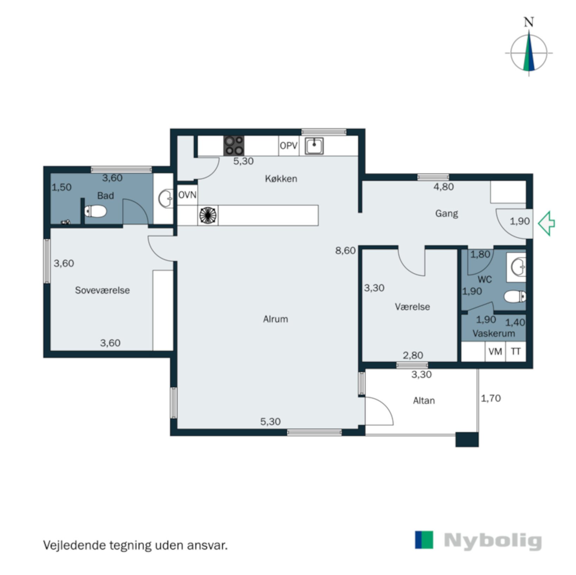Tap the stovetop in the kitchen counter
point(234,146)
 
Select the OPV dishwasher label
point(289,146)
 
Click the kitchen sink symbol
point(314,146)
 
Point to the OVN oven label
point(187,195)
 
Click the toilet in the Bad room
point(95,211)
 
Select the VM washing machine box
point(495,351)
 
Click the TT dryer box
point(516,351)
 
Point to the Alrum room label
point(275,319)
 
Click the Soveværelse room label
point(102,290)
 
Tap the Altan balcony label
point(424,401)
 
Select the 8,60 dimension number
point(345,251)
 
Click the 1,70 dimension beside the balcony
point(491,398)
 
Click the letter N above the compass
point(529,22)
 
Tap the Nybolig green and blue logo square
point(424,540)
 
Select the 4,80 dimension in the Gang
point(443,187)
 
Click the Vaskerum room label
point(493,333)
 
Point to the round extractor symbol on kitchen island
point(207,215)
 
